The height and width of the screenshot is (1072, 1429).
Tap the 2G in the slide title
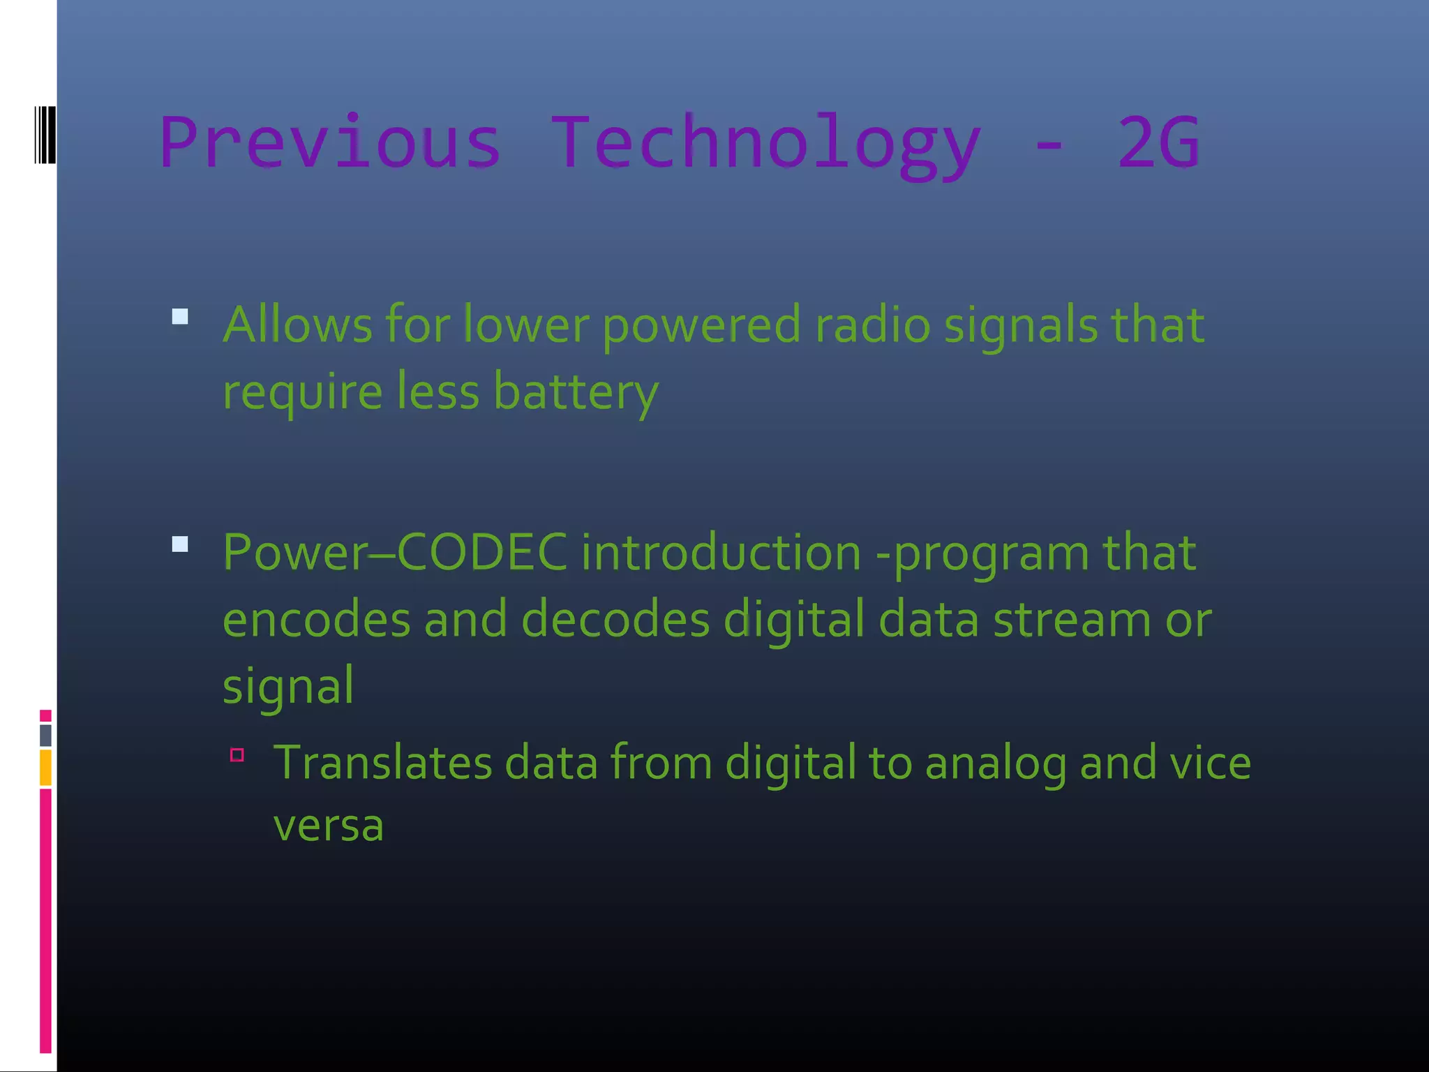(1158, 142)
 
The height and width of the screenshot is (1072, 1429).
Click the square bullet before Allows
(180, 317)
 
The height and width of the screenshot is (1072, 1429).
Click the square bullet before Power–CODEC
(180, 544)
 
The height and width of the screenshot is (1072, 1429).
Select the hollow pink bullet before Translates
(237, 754)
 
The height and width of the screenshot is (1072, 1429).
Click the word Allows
(297, 325)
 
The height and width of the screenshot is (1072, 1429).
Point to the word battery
(576, 392)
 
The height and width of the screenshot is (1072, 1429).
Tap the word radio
(872, 325)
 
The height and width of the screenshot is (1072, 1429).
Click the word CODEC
(482, 552)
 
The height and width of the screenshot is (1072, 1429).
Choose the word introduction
(721, 552)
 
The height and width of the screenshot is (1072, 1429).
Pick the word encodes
(316, 619)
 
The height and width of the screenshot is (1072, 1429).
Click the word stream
(1072, 619)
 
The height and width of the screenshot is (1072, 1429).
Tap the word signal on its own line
(288, 686)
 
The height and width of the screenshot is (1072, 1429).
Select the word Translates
(382, 762)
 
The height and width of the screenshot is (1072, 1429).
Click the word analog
(996, 764)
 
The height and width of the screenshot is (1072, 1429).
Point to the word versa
(328, 826)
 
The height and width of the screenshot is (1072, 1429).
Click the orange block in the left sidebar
(45, 767)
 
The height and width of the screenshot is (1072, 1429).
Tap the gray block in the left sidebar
(45, 735)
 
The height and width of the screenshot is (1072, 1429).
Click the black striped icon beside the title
(45, 135)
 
